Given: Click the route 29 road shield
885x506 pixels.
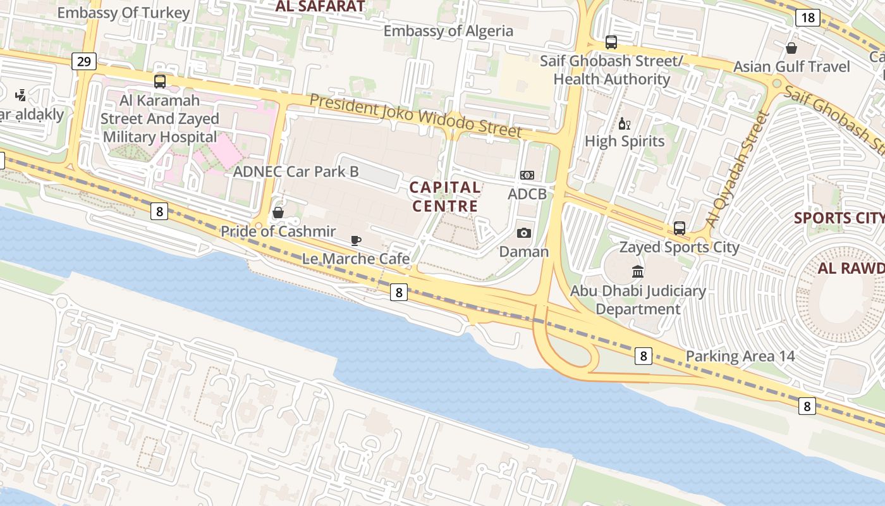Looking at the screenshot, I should pos(83,61).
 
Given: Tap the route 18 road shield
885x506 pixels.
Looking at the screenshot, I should pos(808,17).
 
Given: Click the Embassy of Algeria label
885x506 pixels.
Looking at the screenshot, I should pos(448,31).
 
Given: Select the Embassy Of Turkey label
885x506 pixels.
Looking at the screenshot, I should pos(123,13).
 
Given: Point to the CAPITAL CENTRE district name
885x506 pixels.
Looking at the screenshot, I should pos(445,197).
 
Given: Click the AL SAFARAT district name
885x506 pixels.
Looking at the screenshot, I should pos(320,7).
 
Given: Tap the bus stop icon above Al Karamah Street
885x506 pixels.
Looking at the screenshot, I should pos(160,81).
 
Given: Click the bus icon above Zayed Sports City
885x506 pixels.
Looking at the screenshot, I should pos(680,228).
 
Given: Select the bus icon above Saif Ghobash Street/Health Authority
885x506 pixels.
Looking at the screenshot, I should pos(611,42).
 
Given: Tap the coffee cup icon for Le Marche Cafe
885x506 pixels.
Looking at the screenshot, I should pos(356,240).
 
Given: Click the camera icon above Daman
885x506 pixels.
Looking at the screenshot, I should pos(523,233).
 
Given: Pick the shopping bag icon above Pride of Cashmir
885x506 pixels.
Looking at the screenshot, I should pos(278,213).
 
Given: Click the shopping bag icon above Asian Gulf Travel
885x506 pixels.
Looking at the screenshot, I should pos(791,48).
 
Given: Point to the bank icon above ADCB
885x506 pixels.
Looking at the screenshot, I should pos(527,175).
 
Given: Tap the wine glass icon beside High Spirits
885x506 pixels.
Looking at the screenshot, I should pos(625,123).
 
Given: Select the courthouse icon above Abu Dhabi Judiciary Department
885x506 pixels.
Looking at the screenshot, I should pos(638,272).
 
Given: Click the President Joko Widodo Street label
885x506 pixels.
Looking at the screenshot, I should pos(415,116).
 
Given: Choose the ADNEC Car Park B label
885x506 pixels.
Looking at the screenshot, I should pos(296,171).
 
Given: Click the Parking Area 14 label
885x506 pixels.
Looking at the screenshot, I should pos(740,356).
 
